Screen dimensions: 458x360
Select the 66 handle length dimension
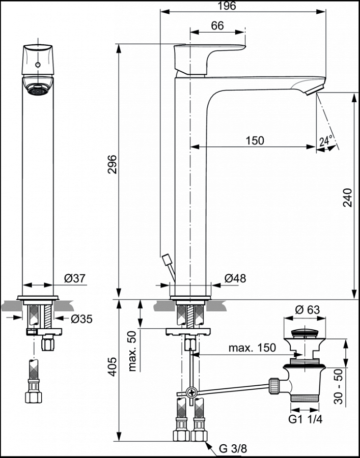tap(217, 25)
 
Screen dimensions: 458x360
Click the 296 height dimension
tap(113, 164)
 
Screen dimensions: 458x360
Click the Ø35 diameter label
tap(81, 319)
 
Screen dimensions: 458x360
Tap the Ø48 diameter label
tap(235, 278)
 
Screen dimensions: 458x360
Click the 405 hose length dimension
tap(113, 366)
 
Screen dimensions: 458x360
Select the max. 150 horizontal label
tap(252, 348)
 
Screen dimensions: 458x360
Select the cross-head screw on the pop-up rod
tap(191, 392)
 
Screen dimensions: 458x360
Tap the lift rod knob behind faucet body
tap(165, 260)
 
